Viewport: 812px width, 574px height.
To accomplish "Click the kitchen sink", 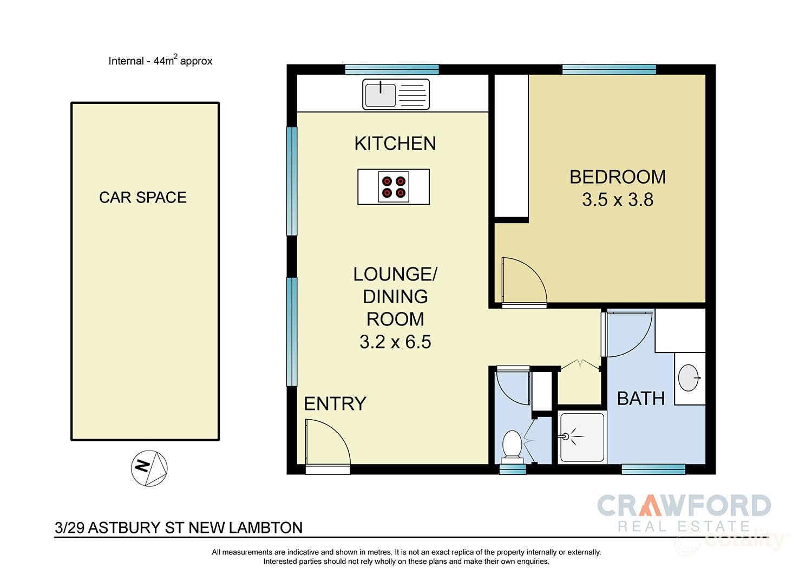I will [x=396, y=94].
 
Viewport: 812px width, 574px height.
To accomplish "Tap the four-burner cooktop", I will [x=394, y=187].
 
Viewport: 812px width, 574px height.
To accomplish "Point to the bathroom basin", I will [x=689, y=378].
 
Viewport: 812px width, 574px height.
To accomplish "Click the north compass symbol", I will [x=149, y=468].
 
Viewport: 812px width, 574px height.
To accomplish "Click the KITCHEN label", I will [x=395, y=143].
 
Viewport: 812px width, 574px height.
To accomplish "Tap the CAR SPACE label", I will [x=143, y=198].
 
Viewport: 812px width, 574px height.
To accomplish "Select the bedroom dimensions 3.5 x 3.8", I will [x=618, y=200].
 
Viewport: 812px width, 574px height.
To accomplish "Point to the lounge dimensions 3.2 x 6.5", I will [x=395, y=342].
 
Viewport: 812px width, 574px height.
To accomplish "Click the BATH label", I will [x=641, y=399].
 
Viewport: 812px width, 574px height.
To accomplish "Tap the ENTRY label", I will [x=335, y=404].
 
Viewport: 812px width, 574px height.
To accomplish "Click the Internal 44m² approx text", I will [x=160, y=61].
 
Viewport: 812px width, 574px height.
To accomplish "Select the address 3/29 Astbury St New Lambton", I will [x=179, y=527].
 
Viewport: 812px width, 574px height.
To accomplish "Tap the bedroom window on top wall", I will [x=609, y=69].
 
